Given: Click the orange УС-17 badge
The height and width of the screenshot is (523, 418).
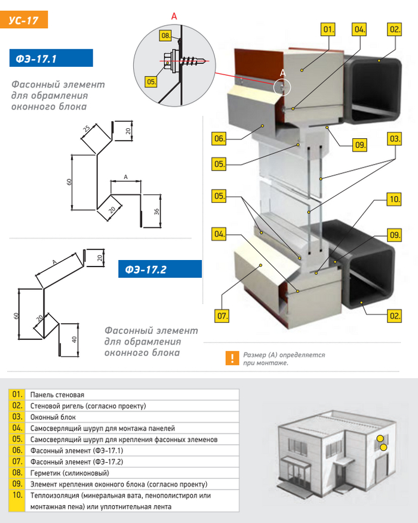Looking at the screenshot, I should [24, 20].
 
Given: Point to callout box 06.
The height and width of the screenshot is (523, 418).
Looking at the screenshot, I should [219, 139].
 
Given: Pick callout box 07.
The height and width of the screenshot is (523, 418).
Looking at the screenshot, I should [222, 315].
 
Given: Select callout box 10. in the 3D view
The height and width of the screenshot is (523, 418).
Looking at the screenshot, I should [393, 200].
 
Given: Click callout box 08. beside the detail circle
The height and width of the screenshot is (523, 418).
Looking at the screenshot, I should [165, 36].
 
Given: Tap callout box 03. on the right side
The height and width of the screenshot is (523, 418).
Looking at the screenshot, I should [394, 139].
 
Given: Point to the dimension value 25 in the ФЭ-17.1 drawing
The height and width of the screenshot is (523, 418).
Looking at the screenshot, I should [87, 128].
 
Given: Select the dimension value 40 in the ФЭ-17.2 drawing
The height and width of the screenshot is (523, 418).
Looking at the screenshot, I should [73, 339].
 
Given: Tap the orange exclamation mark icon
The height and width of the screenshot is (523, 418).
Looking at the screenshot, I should [230, 358].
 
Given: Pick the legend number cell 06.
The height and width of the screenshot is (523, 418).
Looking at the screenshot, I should [17, 450].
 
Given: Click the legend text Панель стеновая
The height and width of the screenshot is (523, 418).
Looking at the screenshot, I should [57, 395].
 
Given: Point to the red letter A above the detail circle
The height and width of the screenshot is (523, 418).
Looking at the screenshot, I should [174, 16].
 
